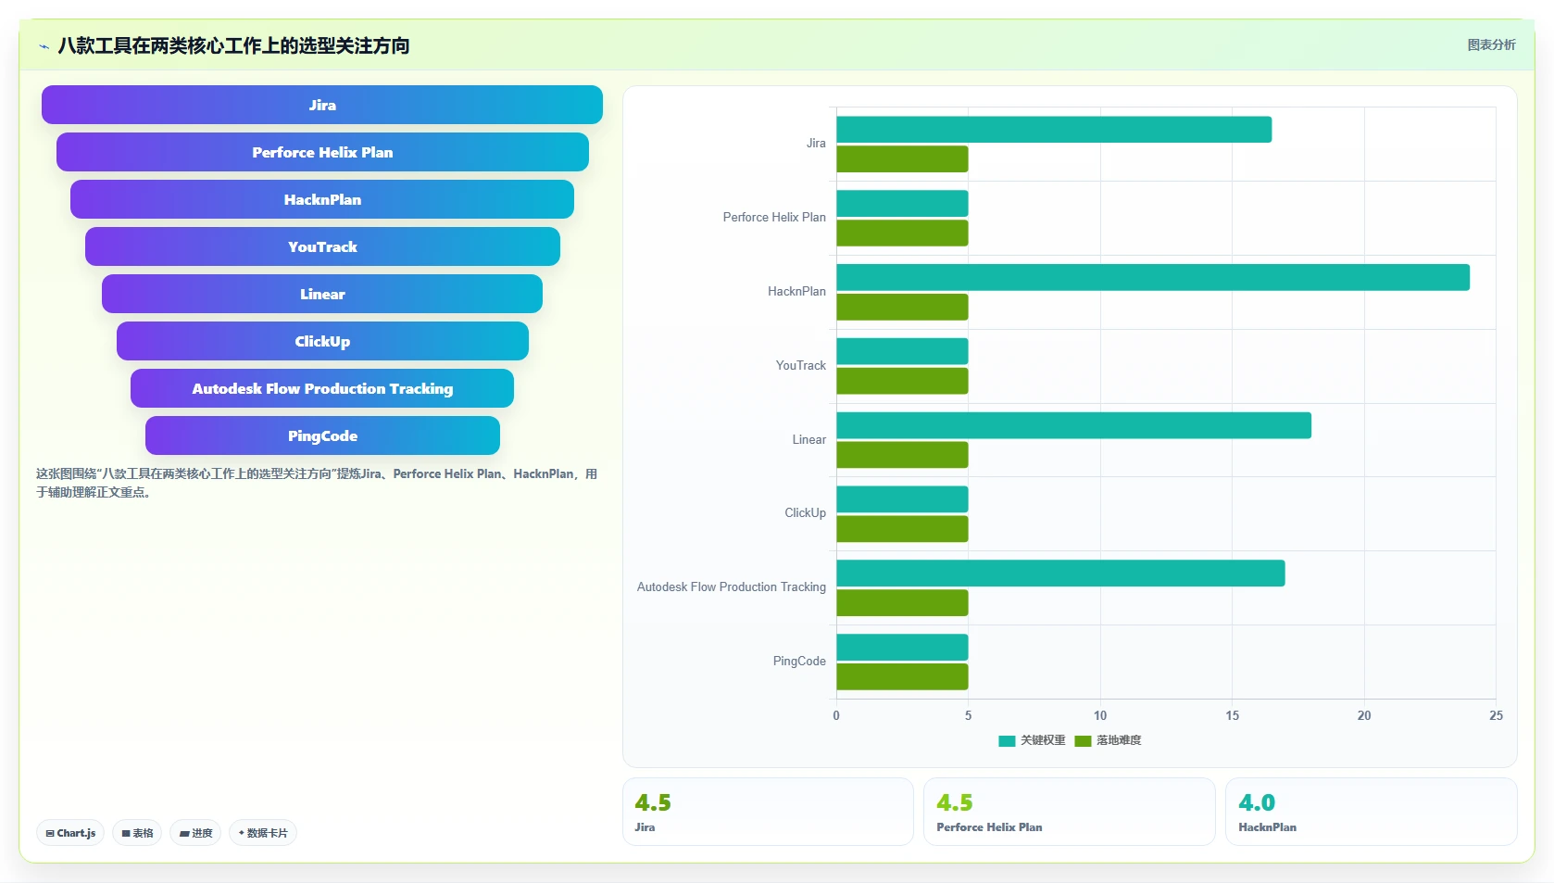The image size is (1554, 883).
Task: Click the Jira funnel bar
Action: [322, 105]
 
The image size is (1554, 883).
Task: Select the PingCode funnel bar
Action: [322, 435]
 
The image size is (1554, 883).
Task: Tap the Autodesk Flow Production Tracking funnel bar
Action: [322, 388]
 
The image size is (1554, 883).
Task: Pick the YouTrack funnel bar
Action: [322, 246]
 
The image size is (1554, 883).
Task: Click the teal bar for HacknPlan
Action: [1153, 277]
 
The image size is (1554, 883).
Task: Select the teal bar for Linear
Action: [1074, 425]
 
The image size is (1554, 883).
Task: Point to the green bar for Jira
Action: [902, 159]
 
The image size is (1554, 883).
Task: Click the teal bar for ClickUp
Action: [902, 499]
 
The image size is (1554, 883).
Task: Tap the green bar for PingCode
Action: [902, 676]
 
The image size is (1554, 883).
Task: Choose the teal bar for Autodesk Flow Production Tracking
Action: [1060, 573]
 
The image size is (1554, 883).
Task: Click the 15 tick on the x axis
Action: [1232, 715]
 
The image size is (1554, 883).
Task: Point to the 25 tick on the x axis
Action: [1496, 715]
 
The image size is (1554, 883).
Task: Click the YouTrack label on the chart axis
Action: [800, 365]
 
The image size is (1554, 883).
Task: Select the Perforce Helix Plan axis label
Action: [774, 218]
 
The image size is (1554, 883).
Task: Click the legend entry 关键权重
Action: [1032, 740]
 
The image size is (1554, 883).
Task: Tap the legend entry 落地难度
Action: [1108, 740]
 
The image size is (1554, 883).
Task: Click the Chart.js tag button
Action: [70, 833]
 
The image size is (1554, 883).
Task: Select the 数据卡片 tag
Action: [263, 833]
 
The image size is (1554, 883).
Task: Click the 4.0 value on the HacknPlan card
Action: [1257, 802]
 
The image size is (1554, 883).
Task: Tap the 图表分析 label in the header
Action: [1492, 45]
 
